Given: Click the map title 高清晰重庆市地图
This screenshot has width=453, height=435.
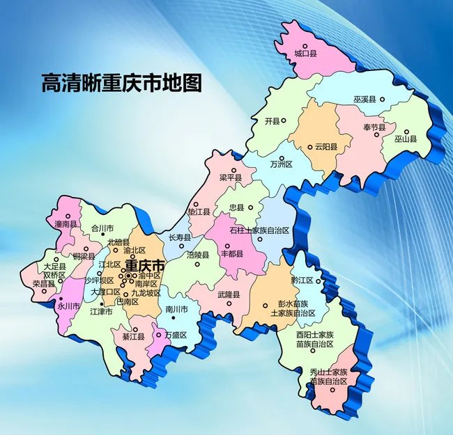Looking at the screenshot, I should click(121, 84).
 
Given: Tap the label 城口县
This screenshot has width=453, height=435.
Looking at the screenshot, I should click(306, 53).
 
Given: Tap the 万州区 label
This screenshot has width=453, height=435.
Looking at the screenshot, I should click(281, 164).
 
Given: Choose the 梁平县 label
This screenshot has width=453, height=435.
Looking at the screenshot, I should click(230, 178).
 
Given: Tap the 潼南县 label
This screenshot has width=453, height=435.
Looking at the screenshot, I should click(66, 224).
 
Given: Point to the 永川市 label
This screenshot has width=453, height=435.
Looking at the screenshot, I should click(68, 306).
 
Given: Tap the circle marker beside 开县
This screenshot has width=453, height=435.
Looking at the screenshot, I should click(283, 120).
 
